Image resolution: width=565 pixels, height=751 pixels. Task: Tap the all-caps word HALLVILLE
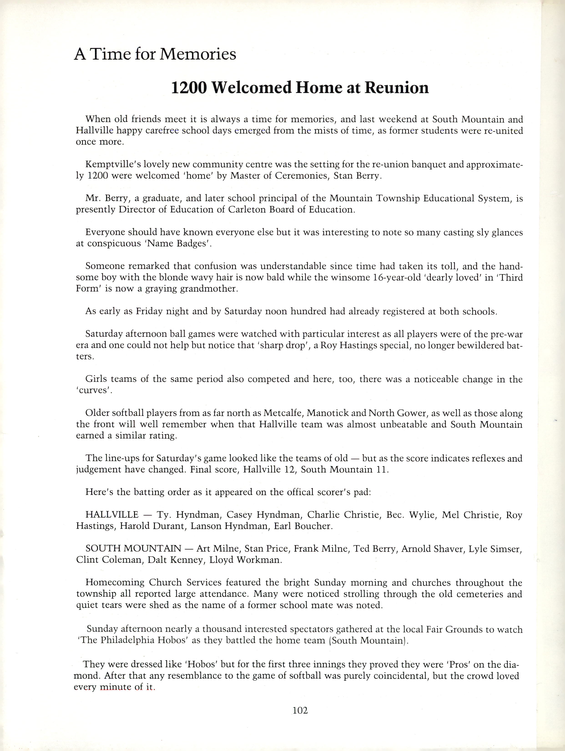point(112,515)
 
